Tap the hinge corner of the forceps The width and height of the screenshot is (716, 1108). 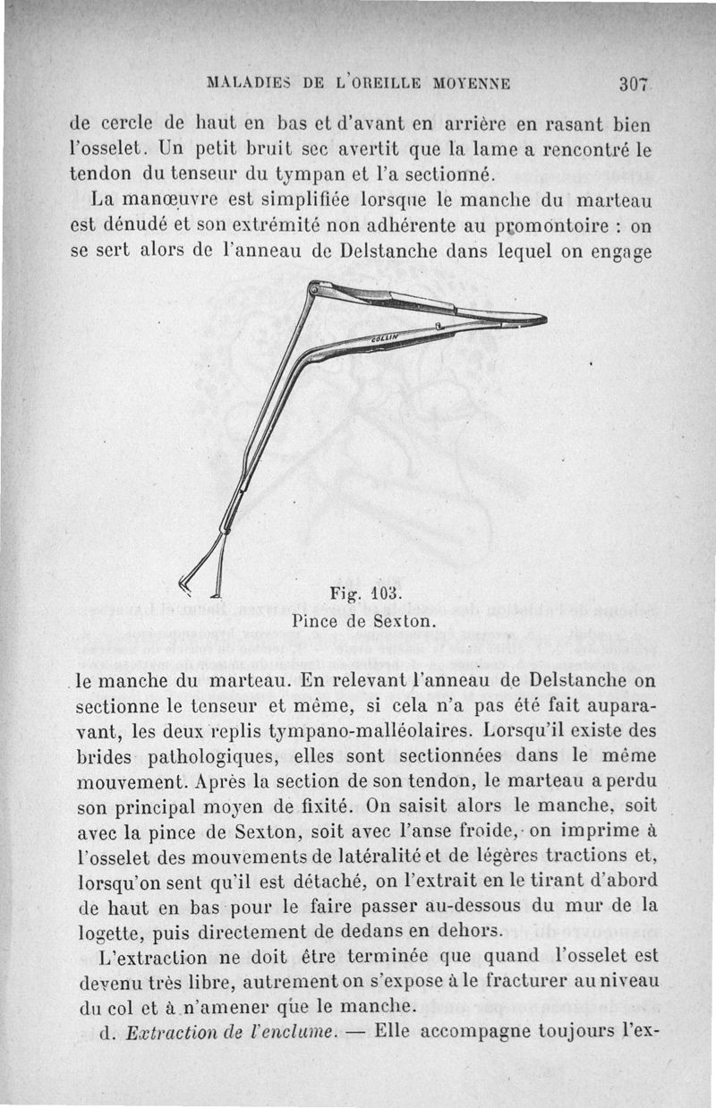pos(314,288)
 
